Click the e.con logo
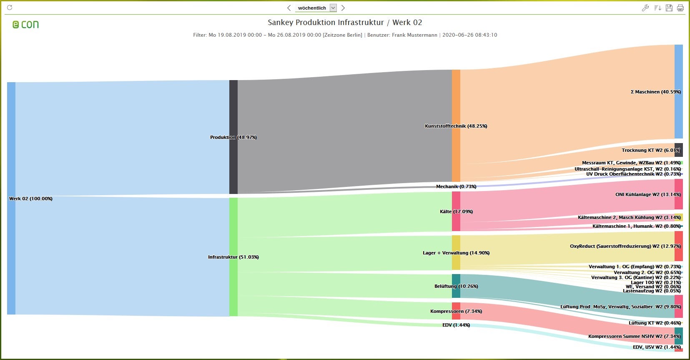25,25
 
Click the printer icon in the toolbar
680,8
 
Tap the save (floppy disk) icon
669,8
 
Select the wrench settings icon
645,8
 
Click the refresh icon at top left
10,8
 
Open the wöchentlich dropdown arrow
333,8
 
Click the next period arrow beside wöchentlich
343,8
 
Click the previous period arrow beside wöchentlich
289,8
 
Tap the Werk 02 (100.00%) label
31,199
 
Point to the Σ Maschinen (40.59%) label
655,92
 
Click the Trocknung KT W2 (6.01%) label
651,150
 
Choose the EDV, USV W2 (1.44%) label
657,347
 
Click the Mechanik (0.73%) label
456,186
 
